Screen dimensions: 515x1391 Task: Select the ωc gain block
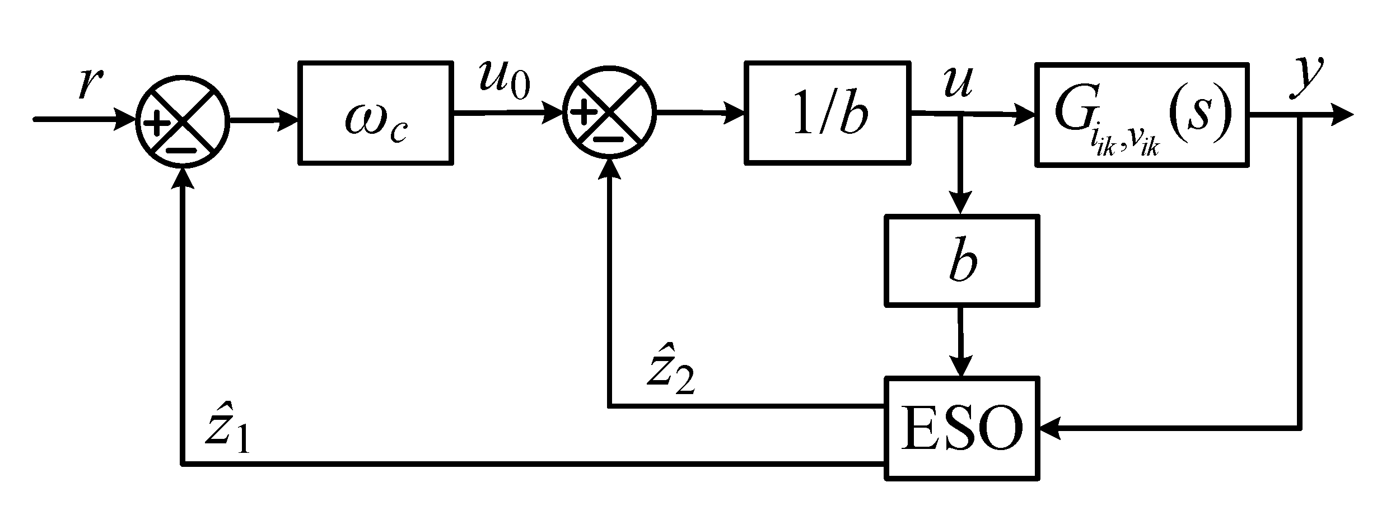pos(375,113)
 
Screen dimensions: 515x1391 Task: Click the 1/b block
pos(827,113)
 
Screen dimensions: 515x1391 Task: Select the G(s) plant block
pos(1142,114)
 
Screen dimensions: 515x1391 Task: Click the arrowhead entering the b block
pos(961,204)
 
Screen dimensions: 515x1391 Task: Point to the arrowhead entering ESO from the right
pos(1051,429)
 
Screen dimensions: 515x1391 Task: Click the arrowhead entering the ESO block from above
pos(961,367)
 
